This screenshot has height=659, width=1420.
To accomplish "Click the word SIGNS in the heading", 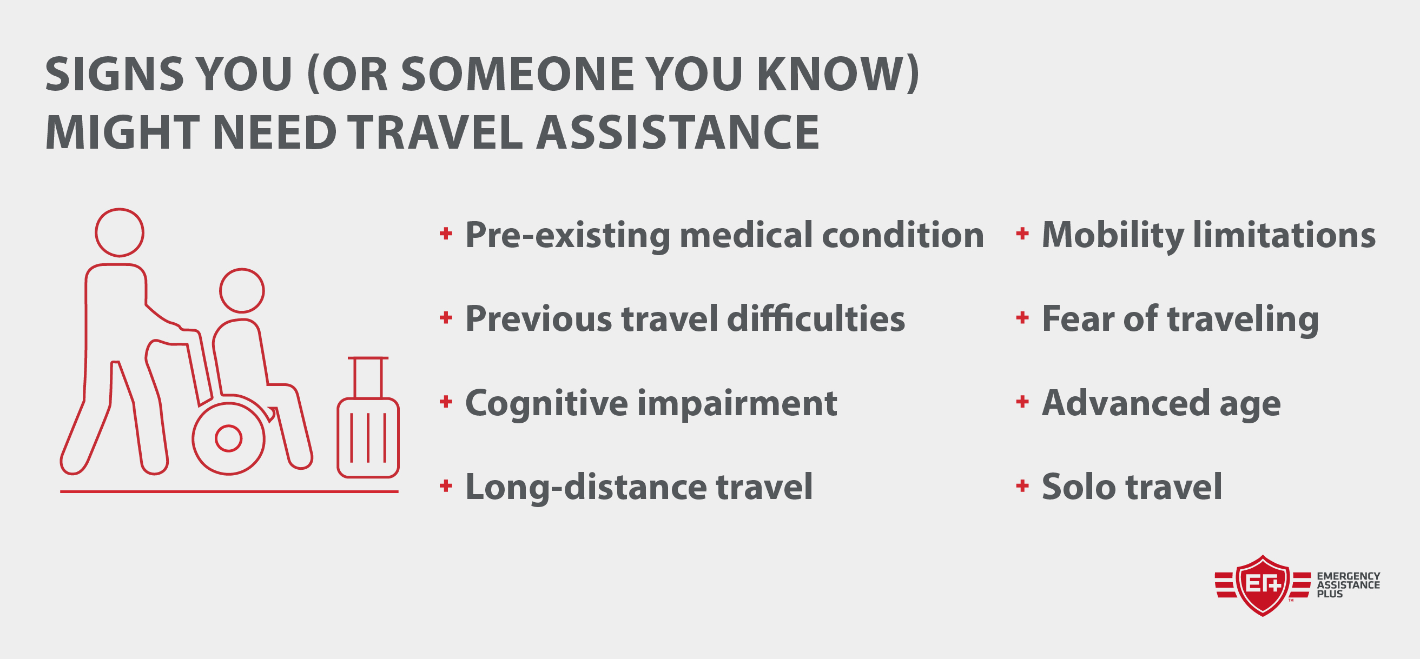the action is pyautogui.click(x=114, y=74).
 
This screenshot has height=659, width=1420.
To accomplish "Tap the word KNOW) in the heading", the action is pyautogui.click(x=837, y=75).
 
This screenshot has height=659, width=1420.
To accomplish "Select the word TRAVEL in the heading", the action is pyautogui.click(x=435, y=132).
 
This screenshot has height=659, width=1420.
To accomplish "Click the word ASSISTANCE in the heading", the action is pyautogui.click(x=677, y=132).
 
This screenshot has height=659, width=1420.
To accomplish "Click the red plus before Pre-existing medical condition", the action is pyautogui.click(x=445, y=234).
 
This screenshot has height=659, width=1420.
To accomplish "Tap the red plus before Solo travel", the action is pyautogui.click(x=1022, y=485).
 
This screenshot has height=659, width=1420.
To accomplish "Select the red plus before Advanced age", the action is pyautogui.click(x=1022, y=402).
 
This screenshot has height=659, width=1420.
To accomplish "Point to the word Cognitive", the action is pyautogui.click(x=546, y=403).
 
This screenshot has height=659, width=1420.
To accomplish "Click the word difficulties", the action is pyautogui.click(x=816, y=318).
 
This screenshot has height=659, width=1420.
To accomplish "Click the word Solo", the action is pyautogui.click(x=1078, y=487).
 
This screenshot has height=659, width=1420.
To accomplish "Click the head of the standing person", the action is pyautogui.click(x=120, y=232).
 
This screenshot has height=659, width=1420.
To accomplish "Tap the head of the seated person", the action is pyautogui.click(x=242, y=291).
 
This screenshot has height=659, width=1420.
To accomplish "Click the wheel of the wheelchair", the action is pyautogui.click(x=229, y=438).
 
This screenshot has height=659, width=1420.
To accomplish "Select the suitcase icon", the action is pyautogui.click(x=368, y=417).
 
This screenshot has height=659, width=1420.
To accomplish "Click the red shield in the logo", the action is pyautogui.click(x=1263, y=585).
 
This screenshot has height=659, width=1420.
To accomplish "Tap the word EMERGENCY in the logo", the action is pyautogui.click(x=1348, y=576).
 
